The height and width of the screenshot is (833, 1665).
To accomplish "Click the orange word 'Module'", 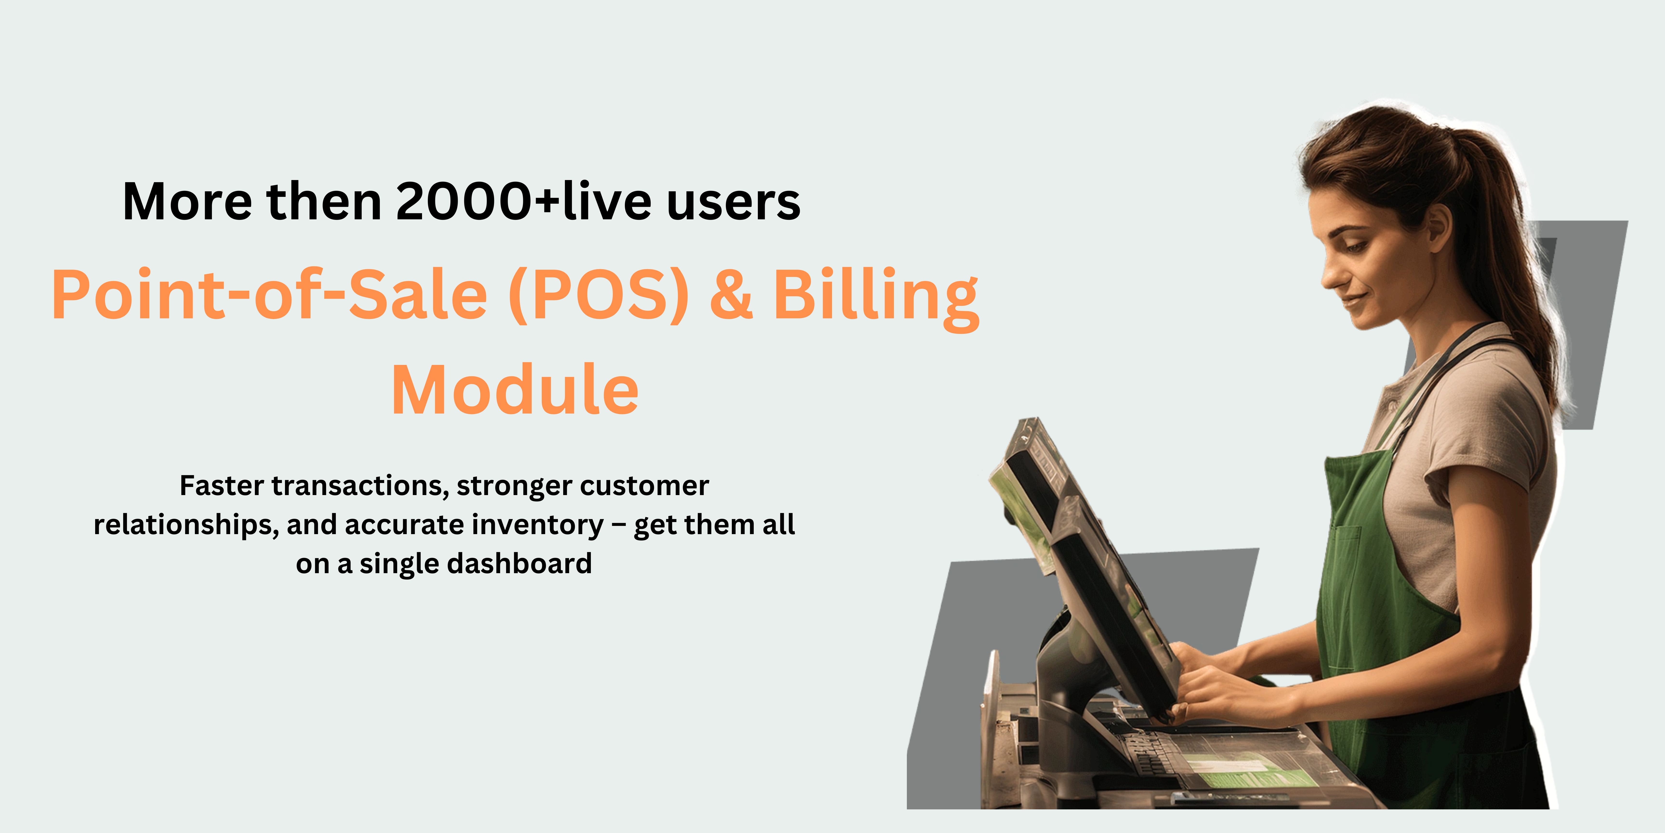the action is point(515,390).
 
